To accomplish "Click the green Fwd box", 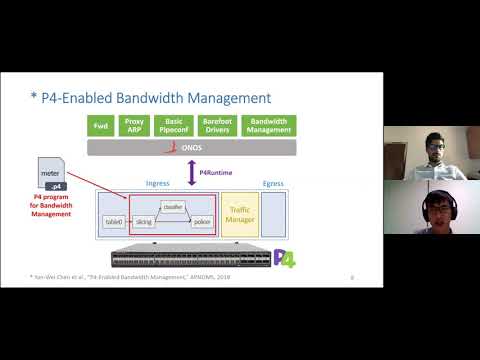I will coord(100,125).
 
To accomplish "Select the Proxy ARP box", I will coord(134,125).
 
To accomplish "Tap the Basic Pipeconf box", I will coord(174,125).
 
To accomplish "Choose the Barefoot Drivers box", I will coord(217,125).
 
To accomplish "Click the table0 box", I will coord(114,220).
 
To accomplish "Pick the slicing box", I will coord(144,220).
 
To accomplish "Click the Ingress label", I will coord(157,184).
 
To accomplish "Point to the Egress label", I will coord(273,184).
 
